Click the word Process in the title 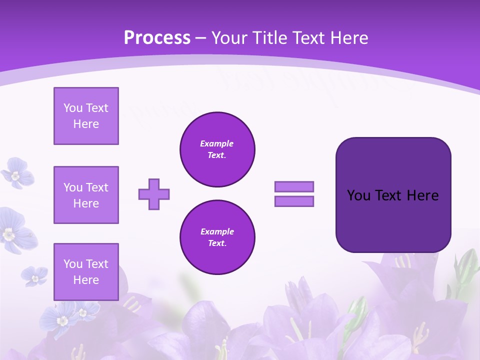pos(157,38)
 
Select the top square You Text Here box pos(86,116)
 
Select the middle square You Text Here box pos(86,195)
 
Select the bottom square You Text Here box pos(86,272)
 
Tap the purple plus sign pos(154,194)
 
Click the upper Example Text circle pos(217,149)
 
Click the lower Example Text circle pos(217,237)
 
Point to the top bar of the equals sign pos(294,186)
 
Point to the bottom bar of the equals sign pos(294,201)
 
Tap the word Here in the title pos(349,38)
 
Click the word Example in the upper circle pos(216,143)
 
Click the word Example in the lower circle pos(217,231)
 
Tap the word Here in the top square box pos(86,124)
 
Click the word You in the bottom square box pos(72,264)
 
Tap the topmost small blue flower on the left pos(17,172)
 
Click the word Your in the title pos(229,38)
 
